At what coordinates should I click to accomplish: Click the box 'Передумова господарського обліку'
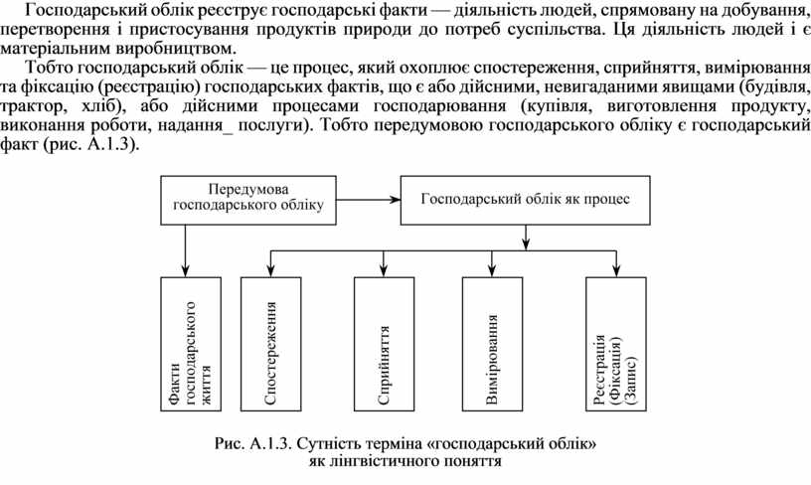tap(248, 198)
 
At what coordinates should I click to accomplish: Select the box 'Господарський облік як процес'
tap(525, 199)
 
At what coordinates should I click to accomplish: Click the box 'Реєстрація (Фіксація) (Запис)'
tap(616, 345)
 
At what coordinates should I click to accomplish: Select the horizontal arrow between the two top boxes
tap(369, 199)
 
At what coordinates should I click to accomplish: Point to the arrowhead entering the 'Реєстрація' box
tap(616, 271)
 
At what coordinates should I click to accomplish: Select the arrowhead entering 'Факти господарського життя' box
tap(186, 271)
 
